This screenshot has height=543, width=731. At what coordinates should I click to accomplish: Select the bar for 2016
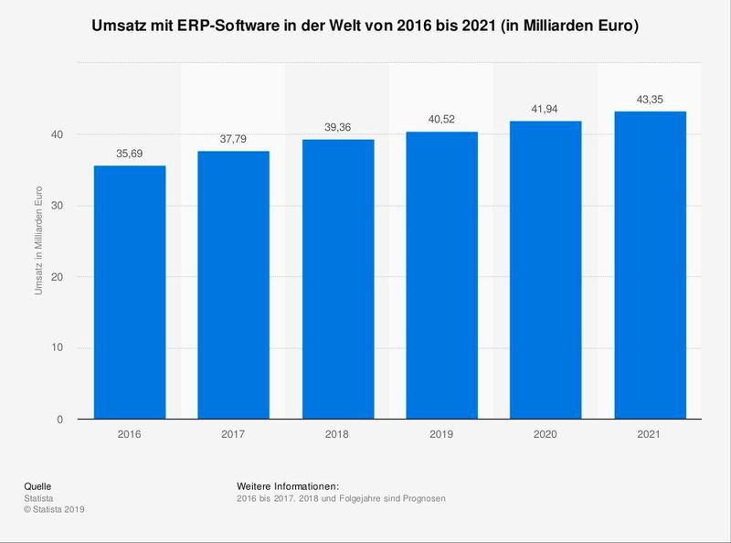pyautogui.click(x=130, y=293)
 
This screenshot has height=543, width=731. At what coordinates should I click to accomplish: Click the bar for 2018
pyautogui.click(x=337, y=279)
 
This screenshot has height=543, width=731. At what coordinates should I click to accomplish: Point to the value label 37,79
pyautogui.click(x=234, y=140)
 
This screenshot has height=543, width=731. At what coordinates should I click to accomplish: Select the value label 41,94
pyautogui.click(x=546, y=110)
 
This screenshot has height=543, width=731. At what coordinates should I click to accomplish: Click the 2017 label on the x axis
pyautogui.click(x=234, y=436)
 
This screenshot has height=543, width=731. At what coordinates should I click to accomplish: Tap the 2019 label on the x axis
pyautogui.click(x=441, y=436)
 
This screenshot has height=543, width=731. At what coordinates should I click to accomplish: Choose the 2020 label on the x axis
pyautogui.click(x=546, y=436)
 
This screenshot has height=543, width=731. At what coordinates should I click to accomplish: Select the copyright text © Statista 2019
pyautogui.click(x=55, y=508)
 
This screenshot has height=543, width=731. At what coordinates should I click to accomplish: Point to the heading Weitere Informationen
pyautogui.click(x=288, y=484)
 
